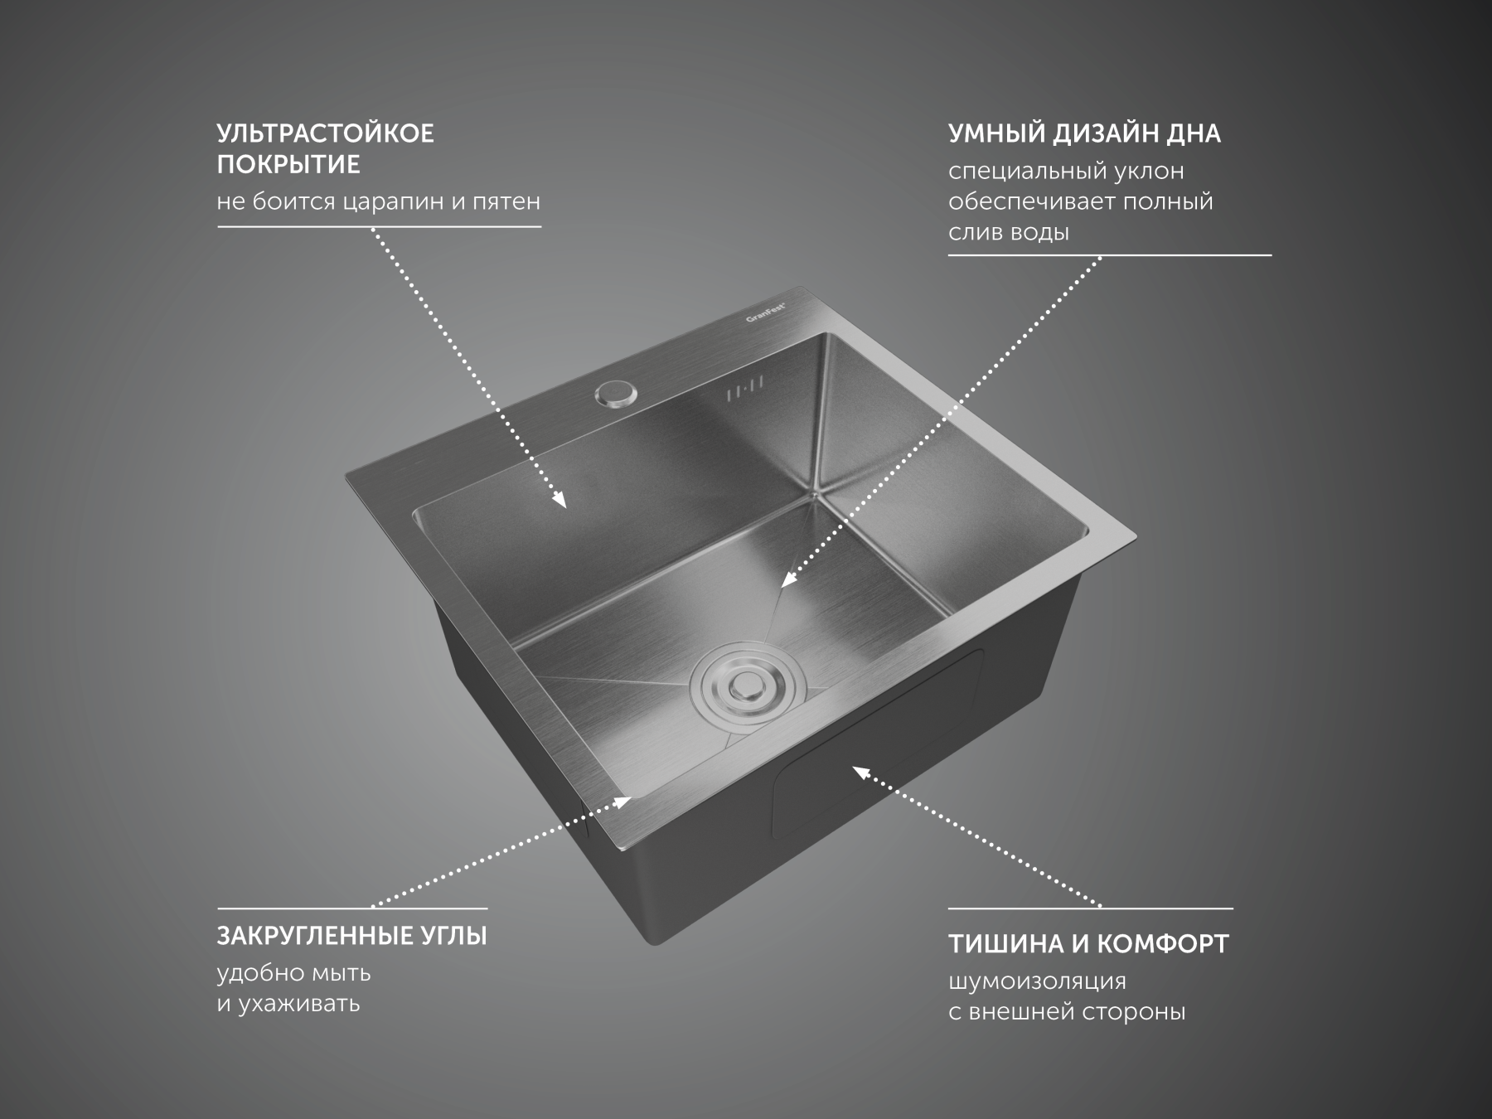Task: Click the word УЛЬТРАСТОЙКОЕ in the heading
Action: click(x=325, y=133)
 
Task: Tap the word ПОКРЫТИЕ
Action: click(x=288, y=165)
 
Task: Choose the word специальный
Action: click(x=1025, y=172)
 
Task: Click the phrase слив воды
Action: click(x=1009, y=232)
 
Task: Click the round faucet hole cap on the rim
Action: click(x=613, y=393)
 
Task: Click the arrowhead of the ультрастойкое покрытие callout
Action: click(x=559, y=499)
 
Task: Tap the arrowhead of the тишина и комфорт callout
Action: click(x=861, y=773)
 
